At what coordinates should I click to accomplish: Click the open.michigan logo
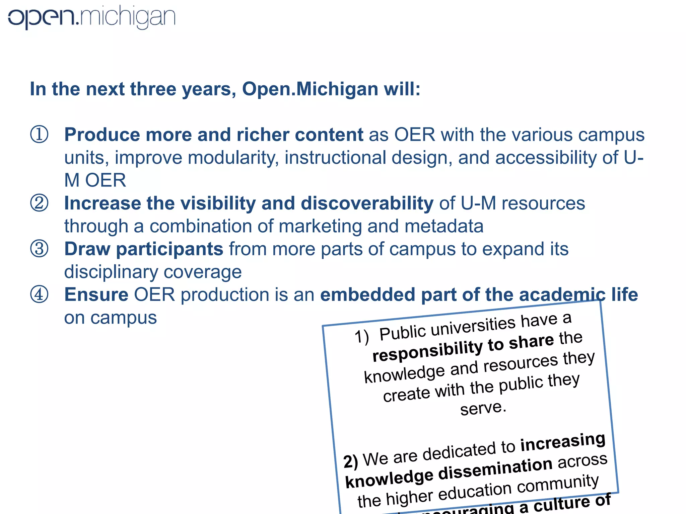tap(91, 17)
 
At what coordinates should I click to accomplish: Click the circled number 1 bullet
tap(39, 135)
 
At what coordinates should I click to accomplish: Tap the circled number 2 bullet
tap(39, 203)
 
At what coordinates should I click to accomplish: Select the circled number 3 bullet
tap(39, 249)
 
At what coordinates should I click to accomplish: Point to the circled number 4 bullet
tap(39, 294)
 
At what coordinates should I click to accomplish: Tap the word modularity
tap(233, 158)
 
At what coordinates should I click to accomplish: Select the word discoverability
tap(367, 203)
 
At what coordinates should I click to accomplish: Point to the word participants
tap(169, 249)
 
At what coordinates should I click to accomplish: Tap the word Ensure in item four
tap(96, 295)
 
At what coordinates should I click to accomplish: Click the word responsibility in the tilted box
tap(427, 350)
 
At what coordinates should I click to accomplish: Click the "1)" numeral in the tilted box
tap(362, 336)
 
